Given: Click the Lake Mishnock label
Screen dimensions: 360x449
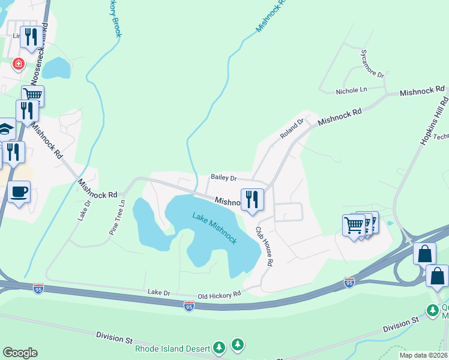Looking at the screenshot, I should [x=214, y=228].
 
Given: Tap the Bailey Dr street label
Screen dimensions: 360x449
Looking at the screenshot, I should [x=224, y=178].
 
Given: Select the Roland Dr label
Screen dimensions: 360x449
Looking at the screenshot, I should [x=292, y=128].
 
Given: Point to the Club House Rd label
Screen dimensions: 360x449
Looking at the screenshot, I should [x=265, y=246].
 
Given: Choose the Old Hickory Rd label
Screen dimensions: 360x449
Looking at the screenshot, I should [x=220, y=293].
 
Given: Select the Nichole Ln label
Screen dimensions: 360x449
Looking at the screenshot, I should [x=351, y=90].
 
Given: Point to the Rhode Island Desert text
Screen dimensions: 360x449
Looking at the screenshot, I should [x=172, y=348].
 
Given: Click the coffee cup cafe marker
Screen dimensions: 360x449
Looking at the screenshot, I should [x=19, y=192].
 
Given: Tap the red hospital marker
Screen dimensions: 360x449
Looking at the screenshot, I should [x=19, y=63].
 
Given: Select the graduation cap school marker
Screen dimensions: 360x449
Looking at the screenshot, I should [x=6, y=128].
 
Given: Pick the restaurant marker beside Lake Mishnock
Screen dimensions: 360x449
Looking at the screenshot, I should [x=252, y=199].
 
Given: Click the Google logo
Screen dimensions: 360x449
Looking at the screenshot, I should [x=20, y=353].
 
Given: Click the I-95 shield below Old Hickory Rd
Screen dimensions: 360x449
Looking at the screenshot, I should [x=188, y=306].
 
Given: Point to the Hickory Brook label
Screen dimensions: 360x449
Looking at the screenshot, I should [x=114, y=18].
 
